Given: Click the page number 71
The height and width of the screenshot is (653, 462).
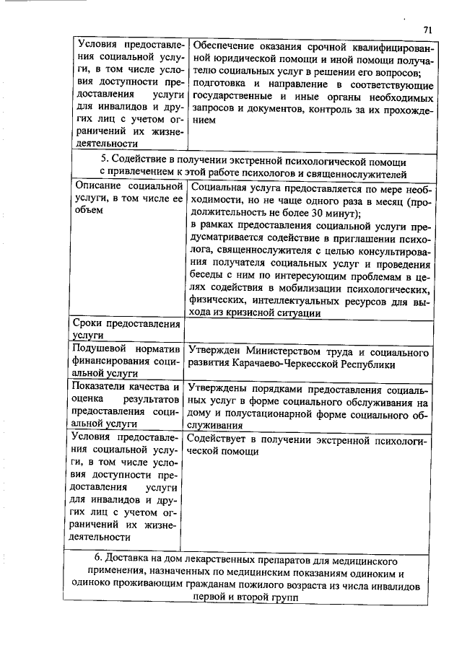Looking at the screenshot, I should click(427, 30).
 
